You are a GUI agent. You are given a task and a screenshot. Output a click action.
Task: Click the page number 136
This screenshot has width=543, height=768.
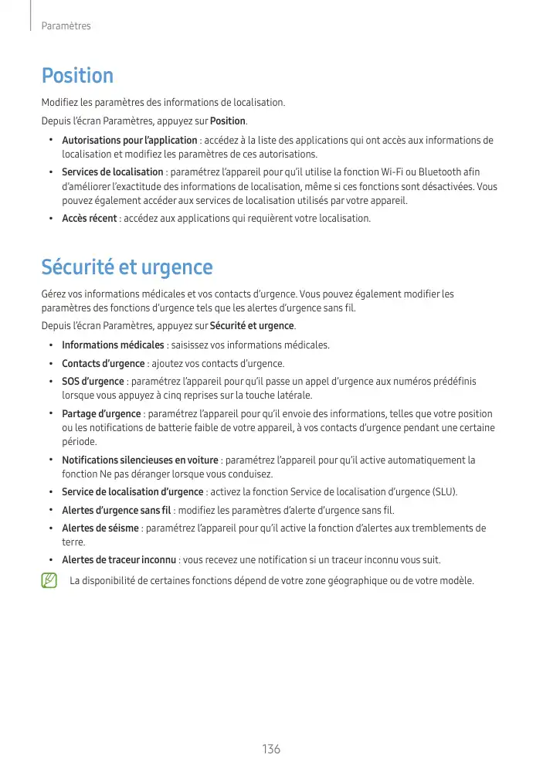(271, 749)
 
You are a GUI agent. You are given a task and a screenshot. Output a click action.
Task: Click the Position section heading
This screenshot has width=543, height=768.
(77, 76)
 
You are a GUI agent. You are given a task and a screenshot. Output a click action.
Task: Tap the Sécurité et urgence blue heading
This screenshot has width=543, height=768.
(127, 268)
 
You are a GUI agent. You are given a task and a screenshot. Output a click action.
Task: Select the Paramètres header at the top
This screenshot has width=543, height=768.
(66, 26)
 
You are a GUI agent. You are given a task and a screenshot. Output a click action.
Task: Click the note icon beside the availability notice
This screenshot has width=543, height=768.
(50, 580)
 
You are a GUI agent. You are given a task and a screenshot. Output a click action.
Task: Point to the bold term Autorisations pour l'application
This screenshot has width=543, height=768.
(129, 141)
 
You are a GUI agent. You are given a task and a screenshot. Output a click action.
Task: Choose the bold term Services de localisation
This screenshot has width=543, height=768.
(112, 172)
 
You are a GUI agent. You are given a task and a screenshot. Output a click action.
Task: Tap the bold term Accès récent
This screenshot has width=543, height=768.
(89, 219)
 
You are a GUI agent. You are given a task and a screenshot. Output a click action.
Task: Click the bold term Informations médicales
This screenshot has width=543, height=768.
(113, 345)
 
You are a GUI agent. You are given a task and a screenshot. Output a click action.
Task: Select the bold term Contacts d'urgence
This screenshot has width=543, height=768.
(103, 364)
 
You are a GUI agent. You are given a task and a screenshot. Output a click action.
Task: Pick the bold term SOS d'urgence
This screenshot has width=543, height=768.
(93, 382)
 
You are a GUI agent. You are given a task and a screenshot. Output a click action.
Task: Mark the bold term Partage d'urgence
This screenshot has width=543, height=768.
(101, 414)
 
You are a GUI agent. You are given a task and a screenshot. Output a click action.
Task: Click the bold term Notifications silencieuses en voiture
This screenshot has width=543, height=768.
(140, 460)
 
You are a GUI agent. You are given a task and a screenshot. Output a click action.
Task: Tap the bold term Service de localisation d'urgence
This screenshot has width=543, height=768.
(133, 492)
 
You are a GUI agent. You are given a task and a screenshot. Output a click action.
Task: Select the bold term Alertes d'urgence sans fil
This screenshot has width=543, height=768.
(116, 511)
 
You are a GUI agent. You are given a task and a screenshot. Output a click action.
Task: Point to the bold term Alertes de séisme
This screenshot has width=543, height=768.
(100, 528)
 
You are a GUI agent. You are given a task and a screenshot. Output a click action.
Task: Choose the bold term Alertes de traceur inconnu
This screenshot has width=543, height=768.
(119, 560)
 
